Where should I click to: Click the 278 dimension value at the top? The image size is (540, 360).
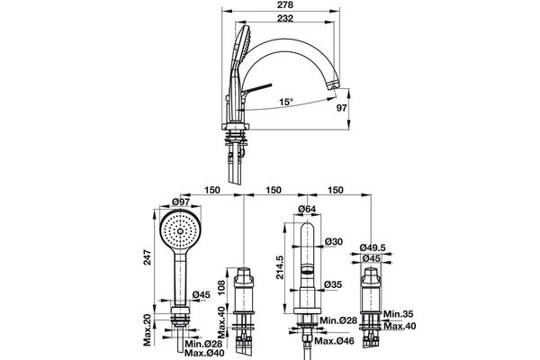click(x=285, y=5)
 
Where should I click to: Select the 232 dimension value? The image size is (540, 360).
click(x=285, y=18)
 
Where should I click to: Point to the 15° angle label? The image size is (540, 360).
click(x=286, y=102)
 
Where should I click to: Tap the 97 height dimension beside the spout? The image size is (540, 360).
click(x=341, y=108)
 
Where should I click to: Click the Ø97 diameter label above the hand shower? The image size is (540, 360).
click(x=180, y=202)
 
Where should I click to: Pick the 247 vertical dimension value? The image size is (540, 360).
click(x=147, y=258)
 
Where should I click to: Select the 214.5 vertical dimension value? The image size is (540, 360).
click(x=279, y=267)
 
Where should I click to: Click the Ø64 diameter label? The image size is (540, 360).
click(x=307, y=209)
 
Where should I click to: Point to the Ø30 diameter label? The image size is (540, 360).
click(x=334, y=242)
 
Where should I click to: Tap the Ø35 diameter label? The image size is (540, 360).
click(x=333, y=284)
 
